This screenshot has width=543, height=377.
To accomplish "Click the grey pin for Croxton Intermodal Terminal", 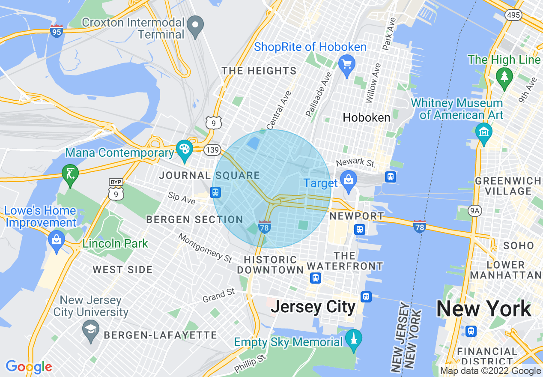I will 196,27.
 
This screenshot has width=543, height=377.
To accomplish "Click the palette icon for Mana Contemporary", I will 185,150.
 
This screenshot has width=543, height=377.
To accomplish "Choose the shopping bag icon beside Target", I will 349,179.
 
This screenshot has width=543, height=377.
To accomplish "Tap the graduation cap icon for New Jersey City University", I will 91,329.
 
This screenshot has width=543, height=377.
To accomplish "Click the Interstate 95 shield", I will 57,31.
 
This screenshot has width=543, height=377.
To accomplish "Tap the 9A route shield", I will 475,210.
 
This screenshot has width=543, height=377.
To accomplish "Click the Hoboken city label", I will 367,117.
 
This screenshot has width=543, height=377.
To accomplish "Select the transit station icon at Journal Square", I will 216,192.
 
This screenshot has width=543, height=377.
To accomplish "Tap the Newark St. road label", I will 355,163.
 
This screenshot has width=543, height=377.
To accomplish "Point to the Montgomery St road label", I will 205,248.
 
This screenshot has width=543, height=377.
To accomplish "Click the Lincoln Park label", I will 115,244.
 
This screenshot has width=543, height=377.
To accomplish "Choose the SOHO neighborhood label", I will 519,246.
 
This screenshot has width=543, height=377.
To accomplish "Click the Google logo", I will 29,367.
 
